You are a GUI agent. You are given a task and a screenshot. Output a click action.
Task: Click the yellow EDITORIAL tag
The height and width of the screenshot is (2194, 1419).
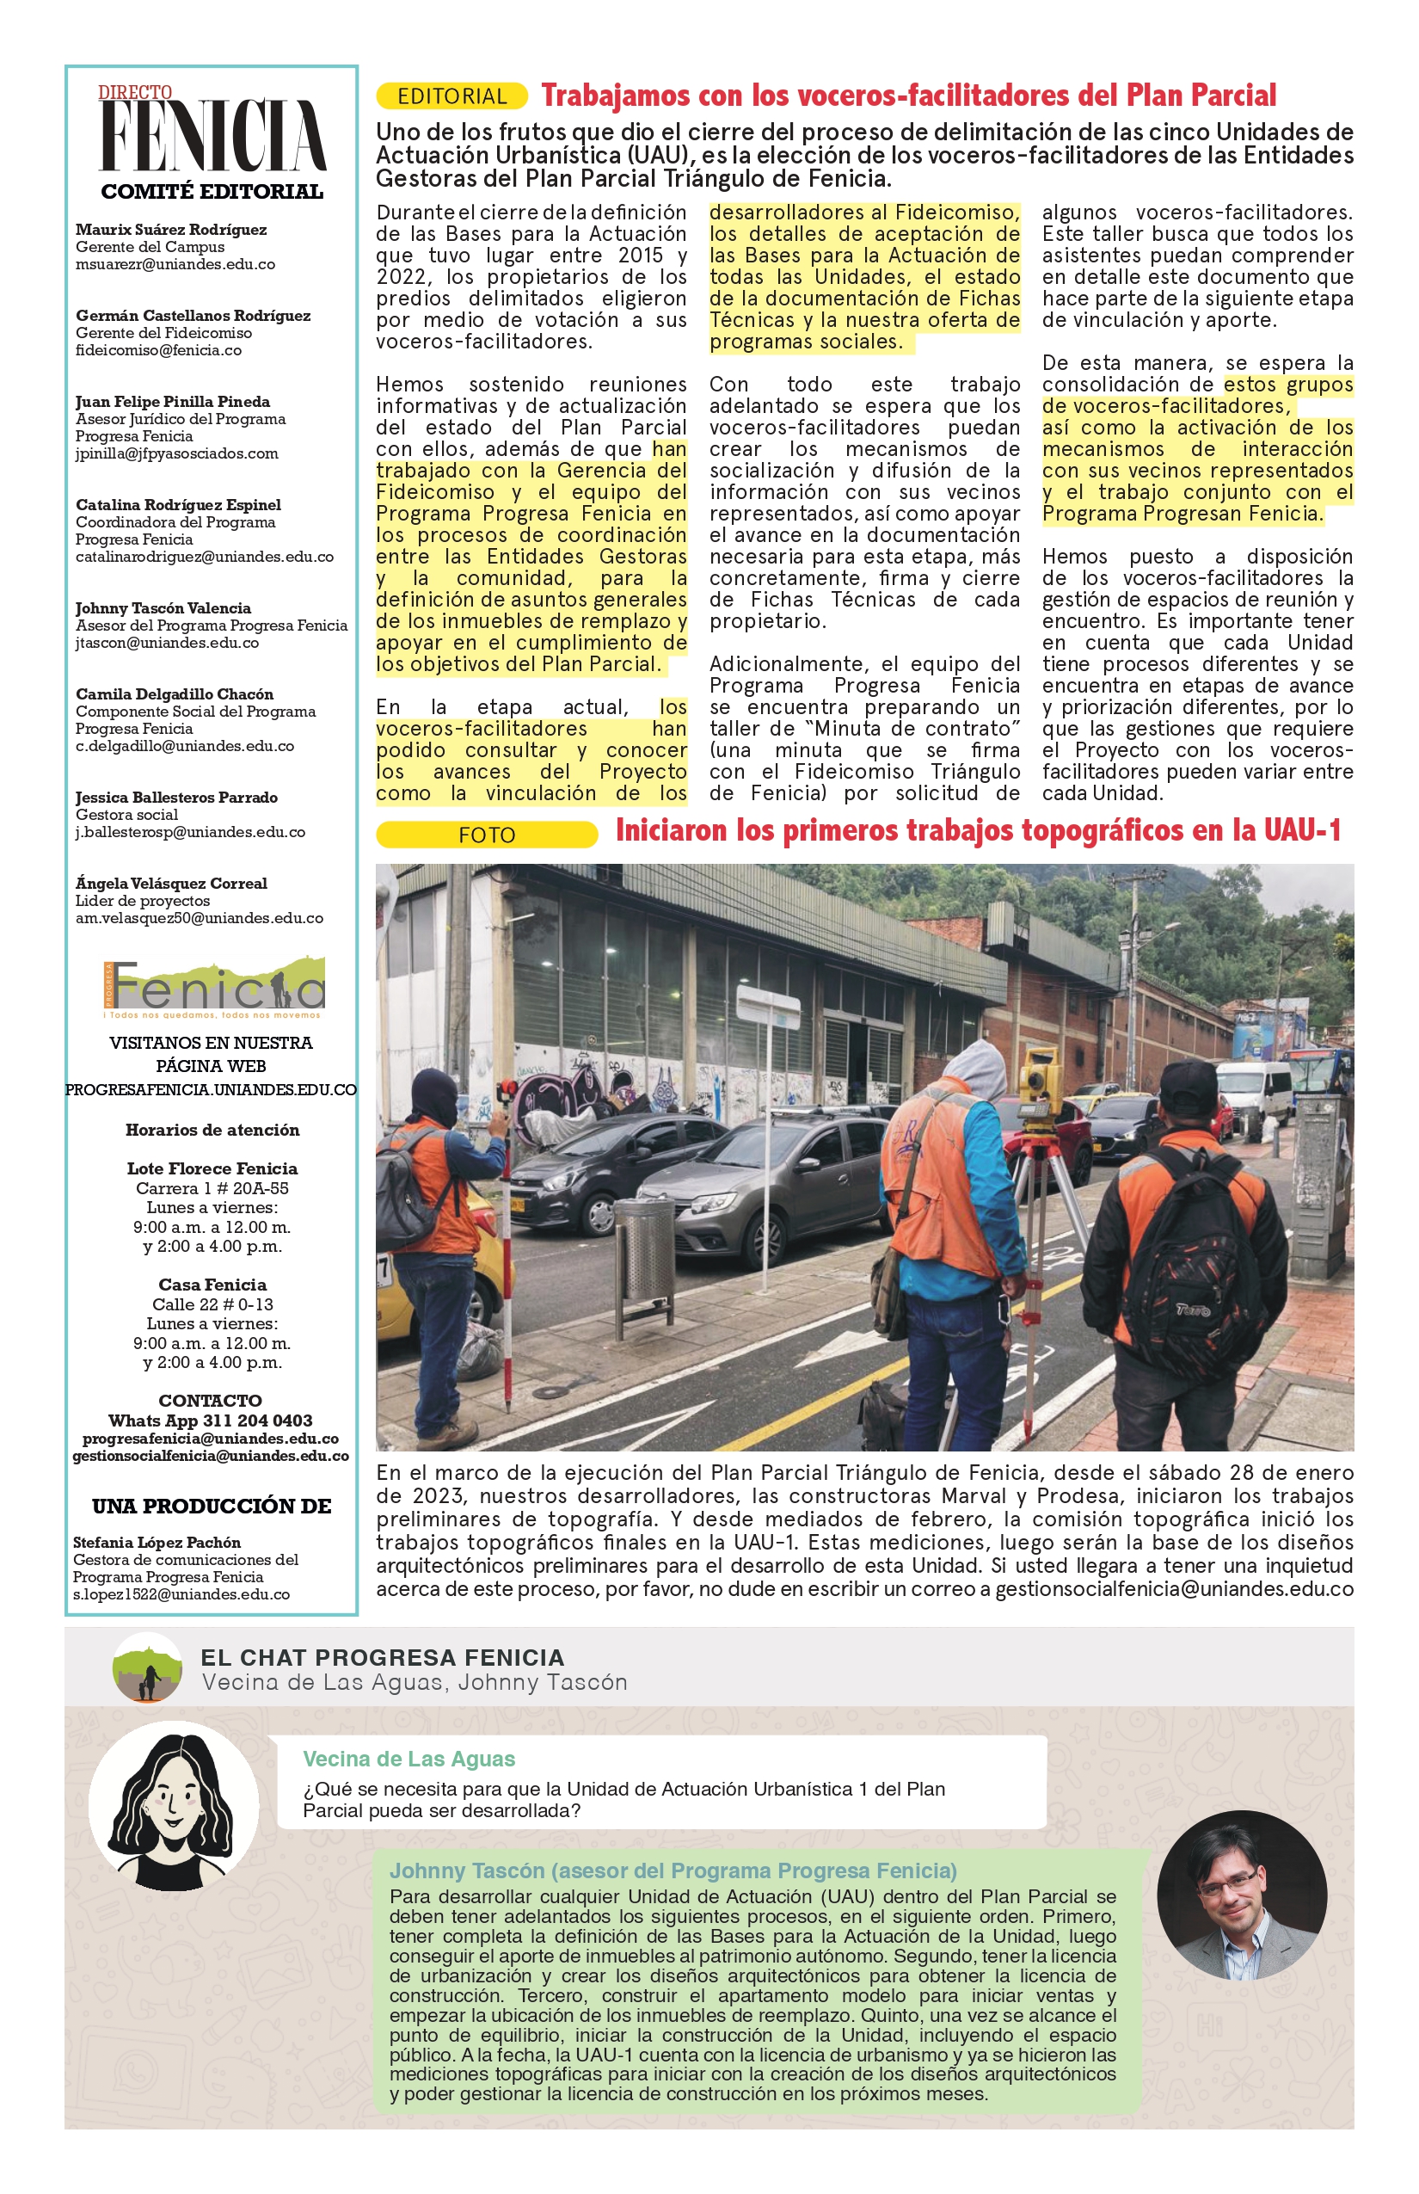(x=451, y=96)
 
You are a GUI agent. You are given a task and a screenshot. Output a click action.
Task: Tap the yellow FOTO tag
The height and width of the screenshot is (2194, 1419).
(x=487, y=835)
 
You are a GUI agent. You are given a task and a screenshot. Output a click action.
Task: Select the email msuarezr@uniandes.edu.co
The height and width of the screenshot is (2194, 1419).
(x=175, y=265)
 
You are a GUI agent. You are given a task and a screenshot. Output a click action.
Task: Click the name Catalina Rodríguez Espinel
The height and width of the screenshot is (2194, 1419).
(x=178, y=505)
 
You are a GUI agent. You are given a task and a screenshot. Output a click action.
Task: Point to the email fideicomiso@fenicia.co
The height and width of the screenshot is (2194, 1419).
(x=158, y=350)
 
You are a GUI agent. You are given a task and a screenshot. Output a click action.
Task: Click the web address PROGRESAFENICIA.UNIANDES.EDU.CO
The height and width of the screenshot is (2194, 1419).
(x=211, y=1089)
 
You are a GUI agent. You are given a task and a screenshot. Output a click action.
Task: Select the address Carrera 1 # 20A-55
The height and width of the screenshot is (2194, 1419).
(x=212, y=1188)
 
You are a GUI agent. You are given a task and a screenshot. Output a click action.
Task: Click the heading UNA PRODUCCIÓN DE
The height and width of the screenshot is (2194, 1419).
(x=211, y=1507)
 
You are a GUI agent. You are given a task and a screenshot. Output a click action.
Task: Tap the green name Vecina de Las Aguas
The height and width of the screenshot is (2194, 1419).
(x=409, y=1759)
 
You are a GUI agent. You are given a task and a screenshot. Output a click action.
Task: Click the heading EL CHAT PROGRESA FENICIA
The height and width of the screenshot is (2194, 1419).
(x=383, y=1657)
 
